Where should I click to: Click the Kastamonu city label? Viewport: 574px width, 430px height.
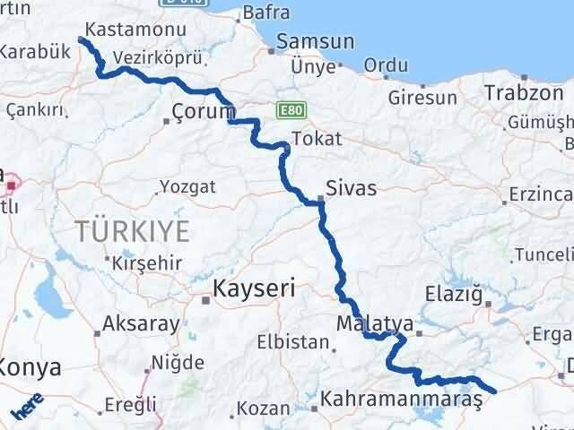[x=125, y=30]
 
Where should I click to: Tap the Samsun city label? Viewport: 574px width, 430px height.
[x=316, y=42]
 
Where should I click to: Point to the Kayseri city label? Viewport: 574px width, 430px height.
[x=254, y=288]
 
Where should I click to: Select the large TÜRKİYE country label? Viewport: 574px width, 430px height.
[x=133, y=231]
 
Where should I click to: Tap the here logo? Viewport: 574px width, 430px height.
[x=26, y=409]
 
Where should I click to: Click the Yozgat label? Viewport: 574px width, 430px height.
[x=187, y=187]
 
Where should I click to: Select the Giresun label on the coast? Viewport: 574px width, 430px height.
[x=420, y=97]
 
